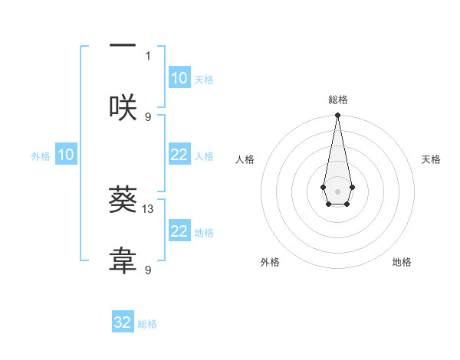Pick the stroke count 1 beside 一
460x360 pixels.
pos(148,55)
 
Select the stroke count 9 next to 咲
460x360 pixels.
pos(148,116)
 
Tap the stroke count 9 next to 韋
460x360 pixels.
pos(148,270)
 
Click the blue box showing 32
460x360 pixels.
pos(123,322)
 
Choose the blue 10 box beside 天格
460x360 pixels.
pos(179,78)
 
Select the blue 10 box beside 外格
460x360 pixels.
pos(66,155)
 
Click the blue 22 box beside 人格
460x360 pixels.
pos(179,155)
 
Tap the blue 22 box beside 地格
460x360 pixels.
pos(179,231)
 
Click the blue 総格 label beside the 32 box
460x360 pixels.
pos(147,324)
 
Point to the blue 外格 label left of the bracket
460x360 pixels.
pos(41,155)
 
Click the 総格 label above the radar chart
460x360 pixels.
pos(337,100)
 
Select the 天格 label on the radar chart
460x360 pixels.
pos(432,159)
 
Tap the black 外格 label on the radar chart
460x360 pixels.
pos(270,262)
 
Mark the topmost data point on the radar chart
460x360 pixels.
pos(337,116)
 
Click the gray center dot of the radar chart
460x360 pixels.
pos(337,190)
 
